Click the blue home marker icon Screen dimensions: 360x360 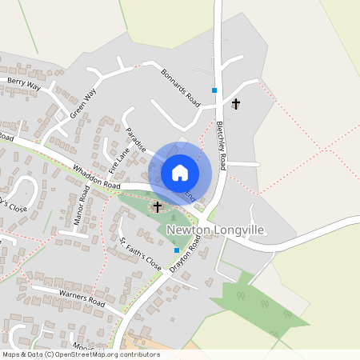(180, 173)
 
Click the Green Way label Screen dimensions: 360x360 (82, 102)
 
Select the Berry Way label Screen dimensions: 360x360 (24, 82)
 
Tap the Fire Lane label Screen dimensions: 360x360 (118, 158)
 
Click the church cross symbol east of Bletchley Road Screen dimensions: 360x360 (236, 104)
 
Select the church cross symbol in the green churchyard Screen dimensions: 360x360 (158, 207)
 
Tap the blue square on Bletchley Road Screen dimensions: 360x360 (214, 90)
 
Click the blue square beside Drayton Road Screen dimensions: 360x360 (177, 250)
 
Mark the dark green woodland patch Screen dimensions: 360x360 (256, 303)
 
